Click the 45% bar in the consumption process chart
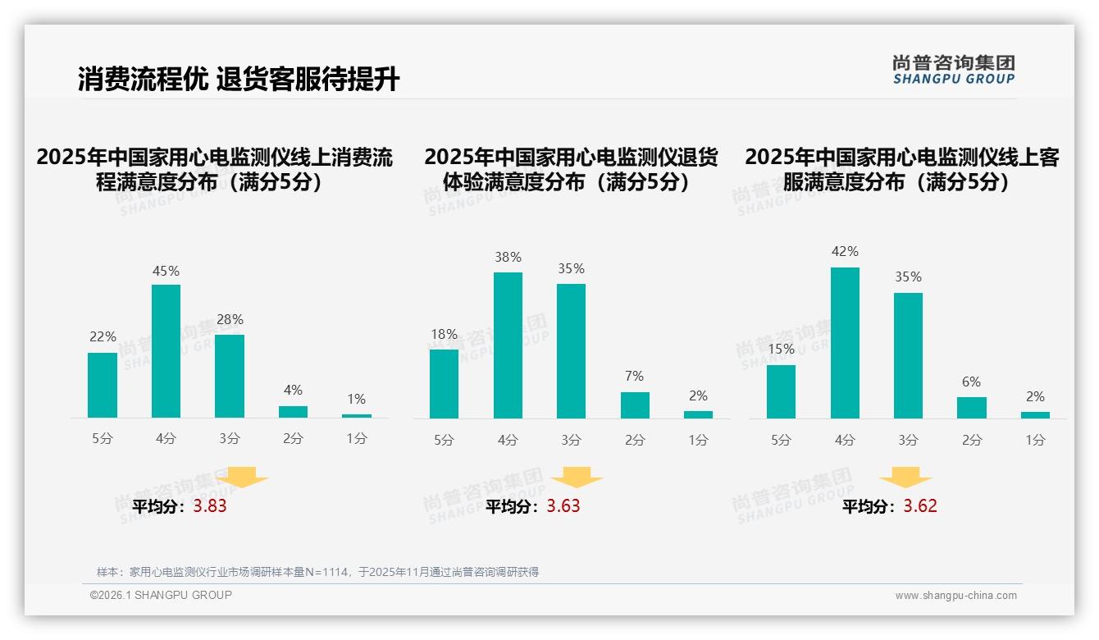(x=166, y=351)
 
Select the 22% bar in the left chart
(x=103, y=385)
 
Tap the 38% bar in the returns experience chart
(x=508, y=345)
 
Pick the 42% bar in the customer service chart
(x=845, y=343)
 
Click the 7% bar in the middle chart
(x=635, y=405)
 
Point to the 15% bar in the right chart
(x=781, y=391)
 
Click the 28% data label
(x=230, y=319)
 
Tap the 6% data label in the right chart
(x=972, y=382)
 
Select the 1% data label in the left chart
(x=356, y=399)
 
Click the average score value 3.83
(x=210, y=506)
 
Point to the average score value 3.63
(x=563, y=506)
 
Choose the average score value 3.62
(x=920, y=506)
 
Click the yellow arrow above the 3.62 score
(x=905, y=478)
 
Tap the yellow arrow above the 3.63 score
(x=577, y=478)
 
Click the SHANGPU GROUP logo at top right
(x=953, y=70)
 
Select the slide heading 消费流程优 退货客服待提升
(x=239, y=80)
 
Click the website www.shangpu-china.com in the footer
(x=955, y=596)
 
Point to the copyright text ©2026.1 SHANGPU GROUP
(x=161, y=595)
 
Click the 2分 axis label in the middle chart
(x=635, y=440)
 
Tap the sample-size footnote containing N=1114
(x=317, y=572)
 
